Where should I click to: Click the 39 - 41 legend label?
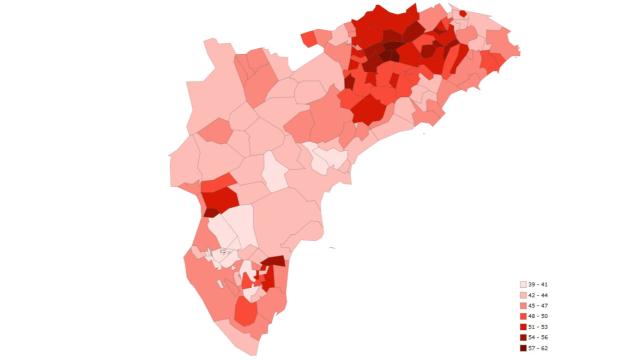point(538,285)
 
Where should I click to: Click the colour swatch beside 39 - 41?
point(523,285)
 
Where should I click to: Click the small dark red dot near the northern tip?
point(462,14)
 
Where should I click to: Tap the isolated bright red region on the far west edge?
point(219,194)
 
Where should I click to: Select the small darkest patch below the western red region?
point(212,212)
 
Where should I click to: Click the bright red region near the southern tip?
point(245,312)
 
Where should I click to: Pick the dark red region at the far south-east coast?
point(274,262)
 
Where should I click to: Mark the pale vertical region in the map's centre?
point(274,173)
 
